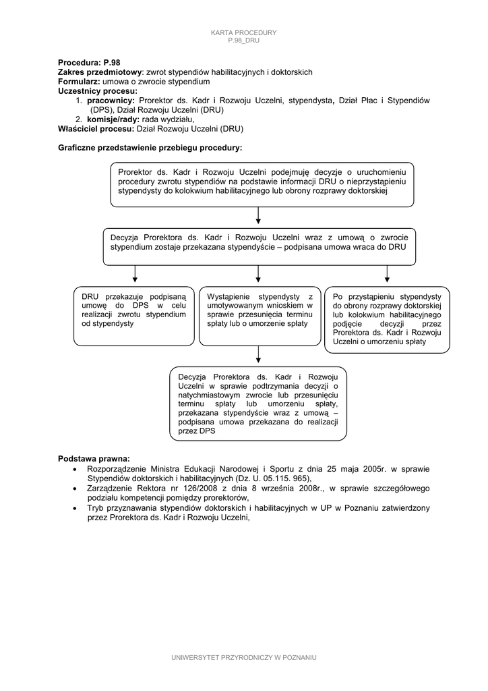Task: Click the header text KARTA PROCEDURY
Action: (x=243, y=33)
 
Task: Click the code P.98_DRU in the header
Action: (x=243, y=40)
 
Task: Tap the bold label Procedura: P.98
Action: (x=89, y=62)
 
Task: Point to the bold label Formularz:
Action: (x=79, y=81)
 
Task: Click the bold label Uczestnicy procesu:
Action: (x=98, y=90)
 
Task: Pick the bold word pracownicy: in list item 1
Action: (x=111, y=100)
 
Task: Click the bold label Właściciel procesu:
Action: (x=96, y=128)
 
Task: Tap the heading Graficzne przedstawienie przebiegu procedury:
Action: (x=150, y=147)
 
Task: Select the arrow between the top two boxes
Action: (x=259, y=217)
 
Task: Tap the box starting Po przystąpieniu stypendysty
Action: (x=387, y=319)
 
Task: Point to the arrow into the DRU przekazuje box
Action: (x=135, y=274)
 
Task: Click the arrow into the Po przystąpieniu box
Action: (x=387, y=274)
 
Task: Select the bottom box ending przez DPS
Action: (x=258, y=403)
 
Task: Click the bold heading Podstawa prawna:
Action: (x=94, y=458)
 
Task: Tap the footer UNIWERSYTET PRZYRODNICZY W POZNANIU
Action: (x=244, y=657)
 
